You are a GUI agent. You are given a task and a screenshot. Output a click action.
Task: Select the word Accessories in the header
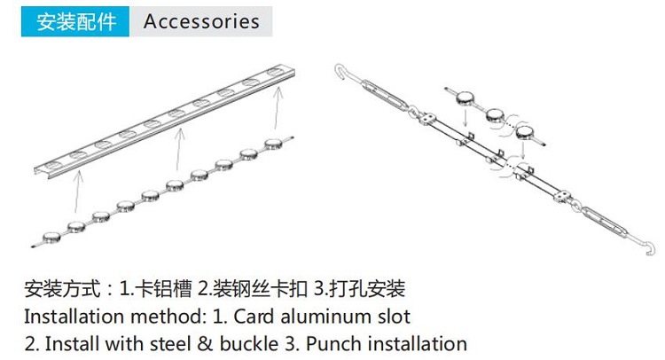point(201,21)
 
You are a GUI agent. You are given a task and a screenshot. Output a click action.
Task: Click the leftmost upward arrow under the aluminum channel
point(77,191)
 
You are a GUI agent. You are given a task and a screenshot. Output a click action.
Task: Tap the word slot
point(394,317)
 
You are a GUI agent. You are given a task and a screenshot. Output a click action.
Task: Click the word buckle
point(254,344)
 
